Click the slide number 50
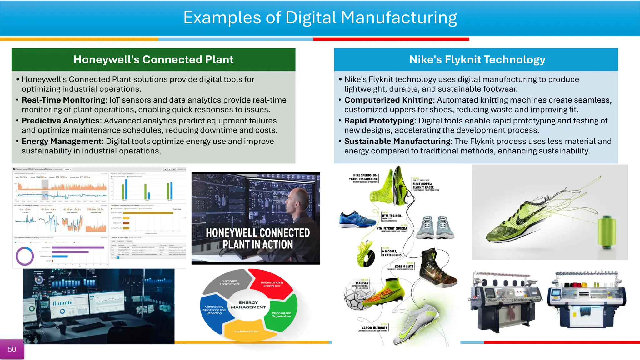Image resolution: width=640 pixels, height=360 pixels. coord(12,349)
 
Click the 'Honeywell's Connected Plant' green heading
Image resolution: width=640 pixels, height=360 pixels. coord(153,59)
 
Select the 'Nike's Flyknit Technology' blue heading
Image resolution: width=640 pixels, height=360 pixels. coord(477,59)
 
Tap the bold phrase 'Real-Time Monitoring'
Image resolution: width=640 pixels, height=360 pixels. coord(64,100)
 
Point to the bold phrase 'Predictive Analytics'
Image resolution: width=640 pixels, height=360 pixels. coord(61,121)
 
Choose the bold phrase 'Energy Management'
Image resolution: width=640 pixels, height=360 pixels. coord(62,141)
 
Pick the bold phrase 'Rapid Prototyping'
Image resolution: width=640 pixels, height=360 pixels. coord(379,121)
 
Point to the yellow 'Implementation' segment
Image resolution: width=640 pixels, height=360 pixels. coord(247,331)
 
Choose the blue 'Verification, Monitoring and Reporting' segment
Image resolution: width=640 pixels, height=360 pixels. coord(214,310)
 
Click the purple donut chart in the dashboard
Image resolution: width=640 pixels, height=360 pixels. coord(25,256)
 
